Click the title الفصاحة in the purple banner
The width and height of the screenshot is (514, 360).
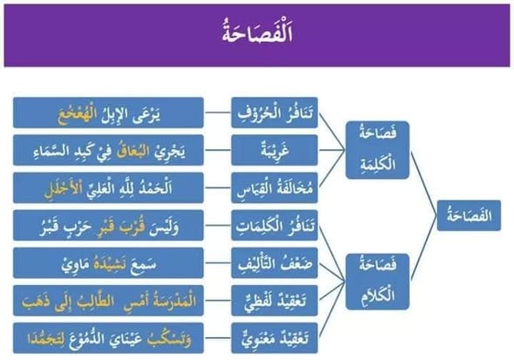coord(257,33)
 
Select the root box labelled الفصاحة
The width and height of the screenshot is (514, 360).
coord(469,215)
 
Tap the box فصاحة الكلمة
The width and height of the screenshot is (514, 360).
coord(377,150)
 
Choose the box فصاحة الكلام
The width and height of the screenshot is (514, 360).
coord(377,282)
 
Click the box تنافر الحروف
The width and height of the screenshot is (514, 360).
coord(274,112)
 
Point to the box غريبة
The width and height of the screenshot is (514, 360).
coord(274,150)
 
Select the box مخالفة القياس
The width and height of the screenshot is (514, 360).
coord(274,188)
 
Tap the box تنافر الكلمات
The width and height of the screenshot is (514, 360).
coord(274,226)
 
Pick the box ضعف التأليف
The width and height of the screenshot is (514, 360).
coord(274,263)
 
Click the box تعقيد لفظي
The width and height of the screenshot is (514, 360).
coord(274,301)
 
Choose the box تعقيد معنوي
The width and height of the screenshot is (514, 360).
coord(274,338)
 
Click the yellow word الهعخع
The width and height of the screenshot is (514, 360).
coord(77,115)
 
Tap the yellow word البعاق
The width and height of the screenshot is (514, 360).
coord(132,151)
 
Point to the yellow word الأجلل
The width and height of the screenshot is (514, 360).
coord(62,189)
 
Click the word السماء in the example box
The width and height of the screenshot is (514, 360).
coord(51,151)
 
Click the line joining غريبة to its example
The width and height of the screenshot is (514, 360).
coord(217,150)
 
